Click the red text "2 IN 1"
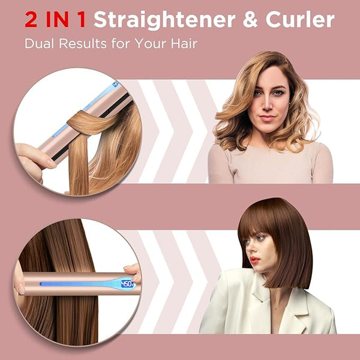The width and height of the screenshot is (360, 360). click(x=55, y=20)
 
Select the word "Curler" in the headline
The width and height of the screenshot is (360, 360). click(x=300, y=20)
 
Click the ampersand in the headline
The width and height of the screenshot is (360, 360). click(x=251, y=20)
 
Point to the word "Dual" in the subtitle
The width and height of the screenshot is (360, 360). click(x=39, y=43)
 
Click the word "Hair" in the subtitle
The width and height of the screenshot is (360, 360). click(x=184, y=43)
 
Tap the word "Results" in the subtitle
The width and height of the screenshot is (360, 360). click(x=83, y=43)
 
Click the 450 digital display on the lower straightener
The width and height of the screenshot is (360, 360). click(x=127, y=284)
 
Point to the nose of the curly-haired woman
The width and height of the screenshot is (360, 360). click(x=267, y=104)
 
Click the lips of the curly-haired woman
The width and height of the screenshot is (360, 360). click(x=268, y=118)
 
